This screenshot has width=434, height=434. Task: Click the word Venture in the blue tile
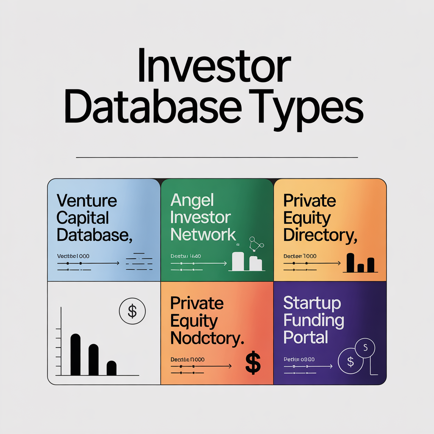(86, 200)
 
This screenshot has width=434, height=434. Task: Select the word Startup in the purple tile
(312, 303)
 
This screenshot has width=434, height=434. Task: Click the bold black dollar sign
(253, 364)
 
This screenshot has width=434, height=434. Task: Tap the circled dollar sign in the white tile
(132, 312)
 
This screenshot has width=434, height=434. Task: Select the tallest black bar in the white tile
(75, 354)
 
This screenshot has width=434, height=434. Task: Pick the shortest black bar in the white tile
(111, 368)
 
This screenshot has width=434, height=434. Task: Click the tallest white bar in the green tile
(238, 262)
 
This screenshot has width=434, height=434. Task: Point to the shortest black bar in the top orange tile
(361, 268)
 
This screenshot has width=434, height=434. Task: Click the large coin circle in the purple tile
(351, 362)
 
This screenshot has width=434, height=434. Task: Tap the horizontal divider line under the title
(217, 157)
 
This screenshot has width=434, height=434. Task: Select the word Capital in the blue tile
(83, 218)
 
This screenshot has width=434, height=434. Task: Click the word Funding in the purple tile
(314, 321)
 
